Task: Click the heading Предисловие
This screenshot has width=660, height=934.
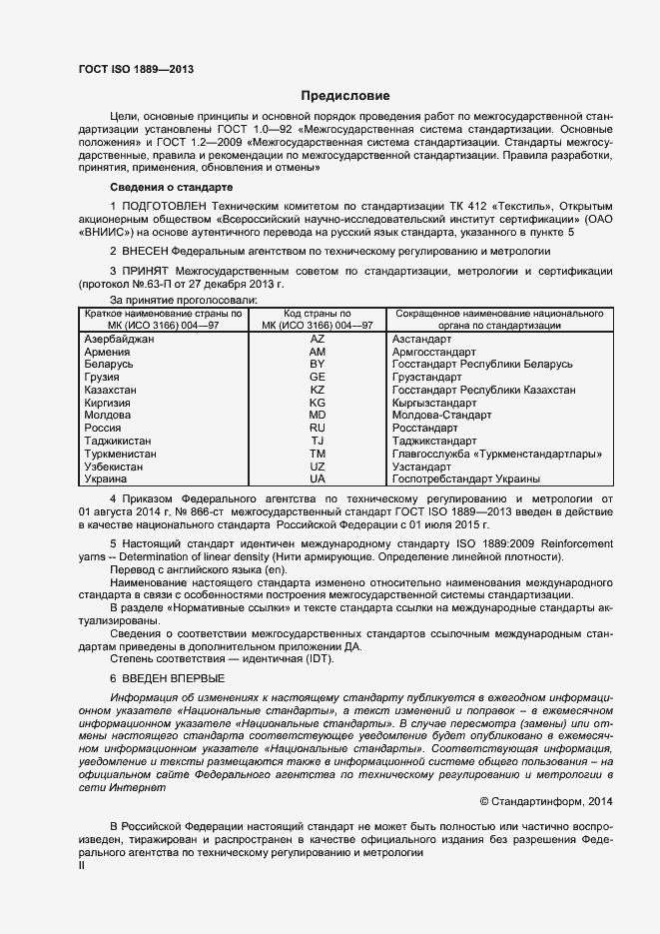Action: (345, 97)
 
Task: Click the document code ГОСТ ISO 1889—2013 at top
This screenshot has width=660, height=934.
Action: (136, 69)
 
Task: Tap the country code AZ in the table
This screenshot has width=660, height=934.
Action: (318, 340)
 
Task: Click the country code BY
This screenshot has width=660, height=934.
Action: (318, 365)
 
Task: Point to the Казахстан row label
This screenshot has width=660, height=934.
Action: (111, 390)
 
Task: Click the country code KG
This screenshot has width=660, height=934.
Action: (318, 403)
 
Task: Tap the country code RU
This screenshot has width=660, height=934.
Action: (318, 428)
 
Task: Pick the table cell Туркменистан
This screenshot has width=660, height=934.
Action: (120, 454)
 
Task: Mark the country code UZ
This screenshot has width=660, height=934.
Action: (318, 467)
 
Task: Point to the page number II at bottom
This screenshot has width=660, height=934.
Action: (82, 866)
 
